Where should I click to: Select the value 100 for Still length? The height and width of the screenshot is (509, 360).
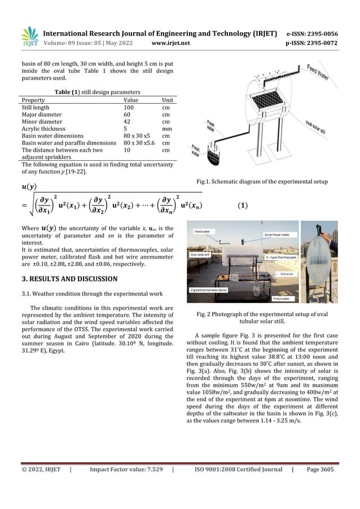pyautogui.click(x=130, y=107)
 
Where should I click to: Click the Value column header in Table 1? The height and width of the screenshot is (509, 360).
pyautogui.click(x=132, y=99)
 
